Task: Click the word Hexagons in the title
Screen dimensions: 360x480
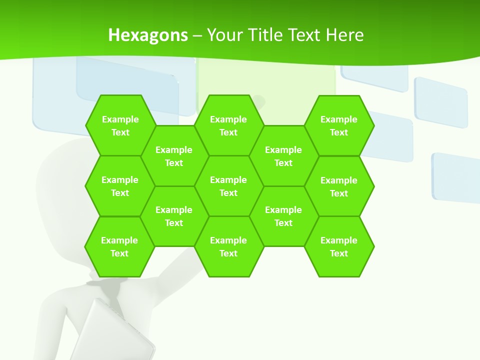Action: click(x=148, y=35)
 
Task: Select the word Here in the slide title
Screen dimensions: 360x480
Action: click(x=344, y=35)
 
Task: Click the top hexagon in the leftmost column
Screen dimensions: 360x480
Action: click(x=120, y=125)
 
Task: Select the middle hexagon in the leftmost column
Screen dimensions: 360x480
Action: click(x=120, y=186)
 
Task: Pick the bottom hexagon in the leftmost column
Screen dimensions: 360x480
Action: click(x=119, y=246)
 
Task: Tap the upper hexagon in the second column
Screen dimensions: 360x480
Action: click(x=174, y=156)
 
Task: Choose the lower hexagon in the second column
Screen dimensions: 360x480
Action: click(x=174, y=216)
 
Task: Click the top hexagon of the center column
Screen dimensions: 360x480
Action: click(x=228, y=125)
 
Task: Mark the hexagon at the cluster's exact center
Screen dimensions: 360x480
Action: click(x=228, y=186)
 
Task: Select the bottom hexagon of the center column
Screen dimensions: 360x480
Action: click(x=228, y=246)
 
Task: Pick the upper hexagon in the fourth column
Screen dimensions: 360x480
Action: click(x=283, y=156)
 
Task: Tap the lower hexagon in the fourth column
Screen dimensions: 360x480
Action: click(x=283, y=216)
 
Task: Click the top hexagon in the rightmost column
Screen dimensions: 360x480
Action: click(x=339, y=125)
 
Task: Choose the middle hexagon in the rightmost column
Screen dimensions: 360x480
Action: click(x=339, y=186)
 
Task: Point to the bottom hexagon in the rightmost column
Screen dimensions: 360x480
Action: click(x=339, y=246)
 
